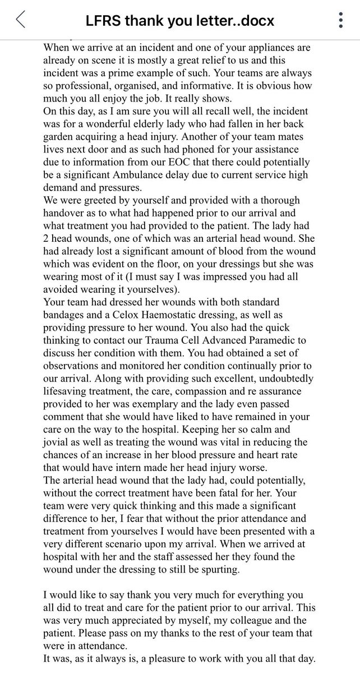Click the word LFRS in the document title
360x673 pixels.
105,21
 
